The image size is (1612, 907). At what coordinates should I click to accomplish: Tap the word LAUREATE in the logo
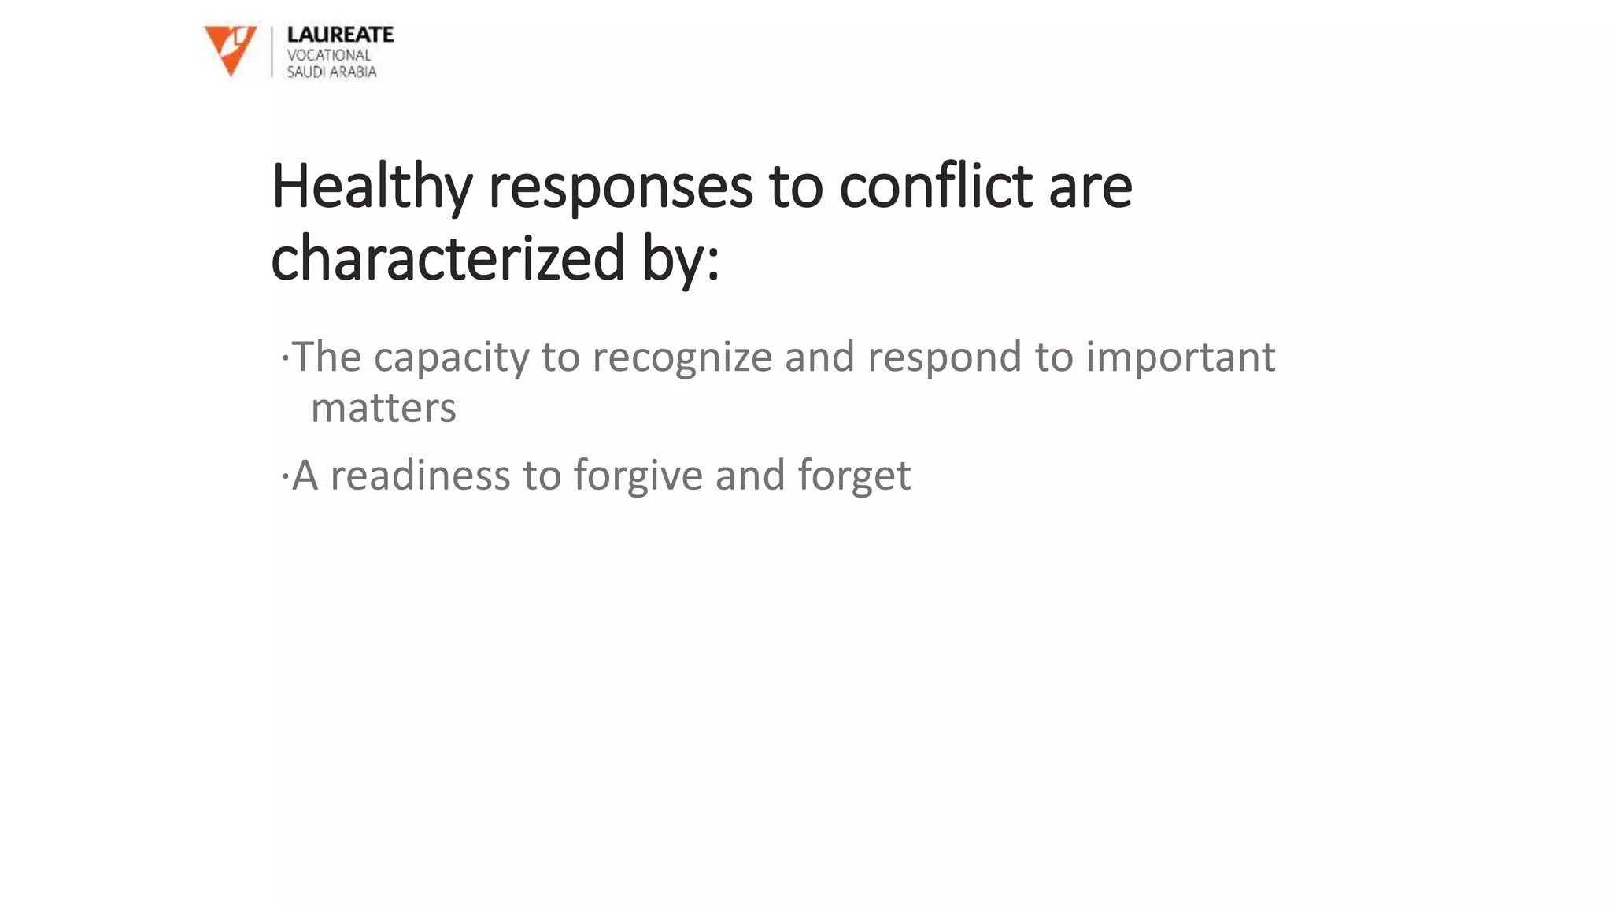pyautogui.click(x=340, y=35)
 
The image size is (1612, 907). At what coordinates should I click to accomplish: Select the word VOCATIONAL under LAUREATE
pyautogui.click(x=328, y=55)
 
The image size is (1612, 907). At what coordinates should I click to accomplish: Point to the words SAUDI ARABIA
pyautogui.click(x=331, y=72)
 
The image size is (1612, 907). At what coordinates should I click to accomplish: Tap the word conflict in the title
pyautogui.click(x=935, y=187)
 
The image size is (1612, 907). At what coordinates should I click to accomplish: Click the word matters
pyautogui.click(x=383, y=409)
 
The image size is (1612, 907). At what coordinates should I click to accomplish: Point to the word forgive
pyautogui.click(x=638, y=476)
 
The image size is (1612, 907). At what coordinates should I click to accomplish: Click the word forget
pyautogui.click(x=854, y=476)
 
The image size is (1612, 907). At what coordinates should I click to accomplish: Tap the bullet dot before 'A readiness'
pyautogui.click(x=285, y=477)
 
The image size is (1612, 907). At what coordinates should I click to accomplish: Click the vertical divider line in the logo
pyautogui.click(x=272, y=51)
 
